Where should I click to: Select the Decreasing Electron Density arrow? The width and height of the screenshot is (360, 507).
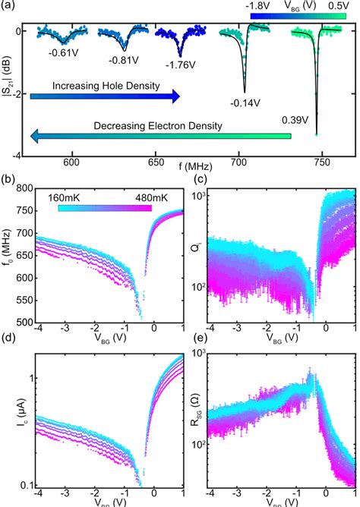[159, 136]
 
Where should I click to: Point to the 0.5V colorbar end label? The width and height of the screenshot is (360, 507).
[339, 5]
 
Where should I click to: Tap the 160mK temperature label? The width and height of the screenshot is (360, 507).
[69, 197]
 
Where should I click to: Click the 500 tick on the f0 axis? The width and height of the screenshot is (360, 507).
[25, 322]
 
